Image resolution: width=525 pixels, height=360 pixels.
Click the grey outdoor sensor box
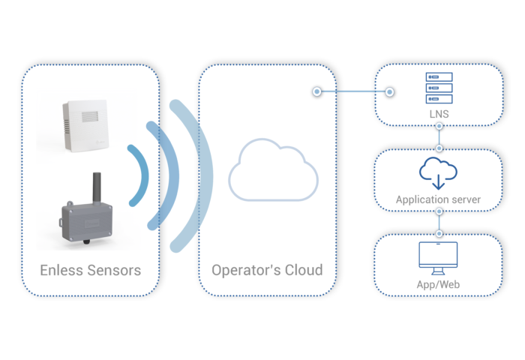pos(89,217)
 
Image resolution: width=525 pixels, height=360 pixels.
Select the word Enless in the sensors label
pos(65,270)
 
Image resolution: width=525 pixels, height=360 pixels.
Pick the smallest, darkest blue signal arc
pos(138,175)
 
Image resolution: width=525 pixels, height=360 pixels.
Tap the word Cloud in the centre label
pos(303,270)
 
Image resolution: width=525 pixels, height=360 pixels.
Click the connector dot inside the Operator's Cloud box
pos(317,91)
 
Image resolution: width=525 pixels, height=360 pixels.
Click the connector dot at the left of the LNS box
pos(390,91)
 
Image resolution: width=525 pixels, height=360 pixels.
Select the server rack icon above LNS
pos(439,88)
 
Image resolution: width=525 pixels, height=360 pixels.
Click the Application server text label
pos(439,200)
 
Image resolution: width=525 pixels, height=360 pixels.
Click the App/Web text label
pos(439,286)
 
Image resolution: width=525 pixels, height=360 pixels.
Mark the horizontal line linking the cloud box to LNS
pos(353,91)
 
